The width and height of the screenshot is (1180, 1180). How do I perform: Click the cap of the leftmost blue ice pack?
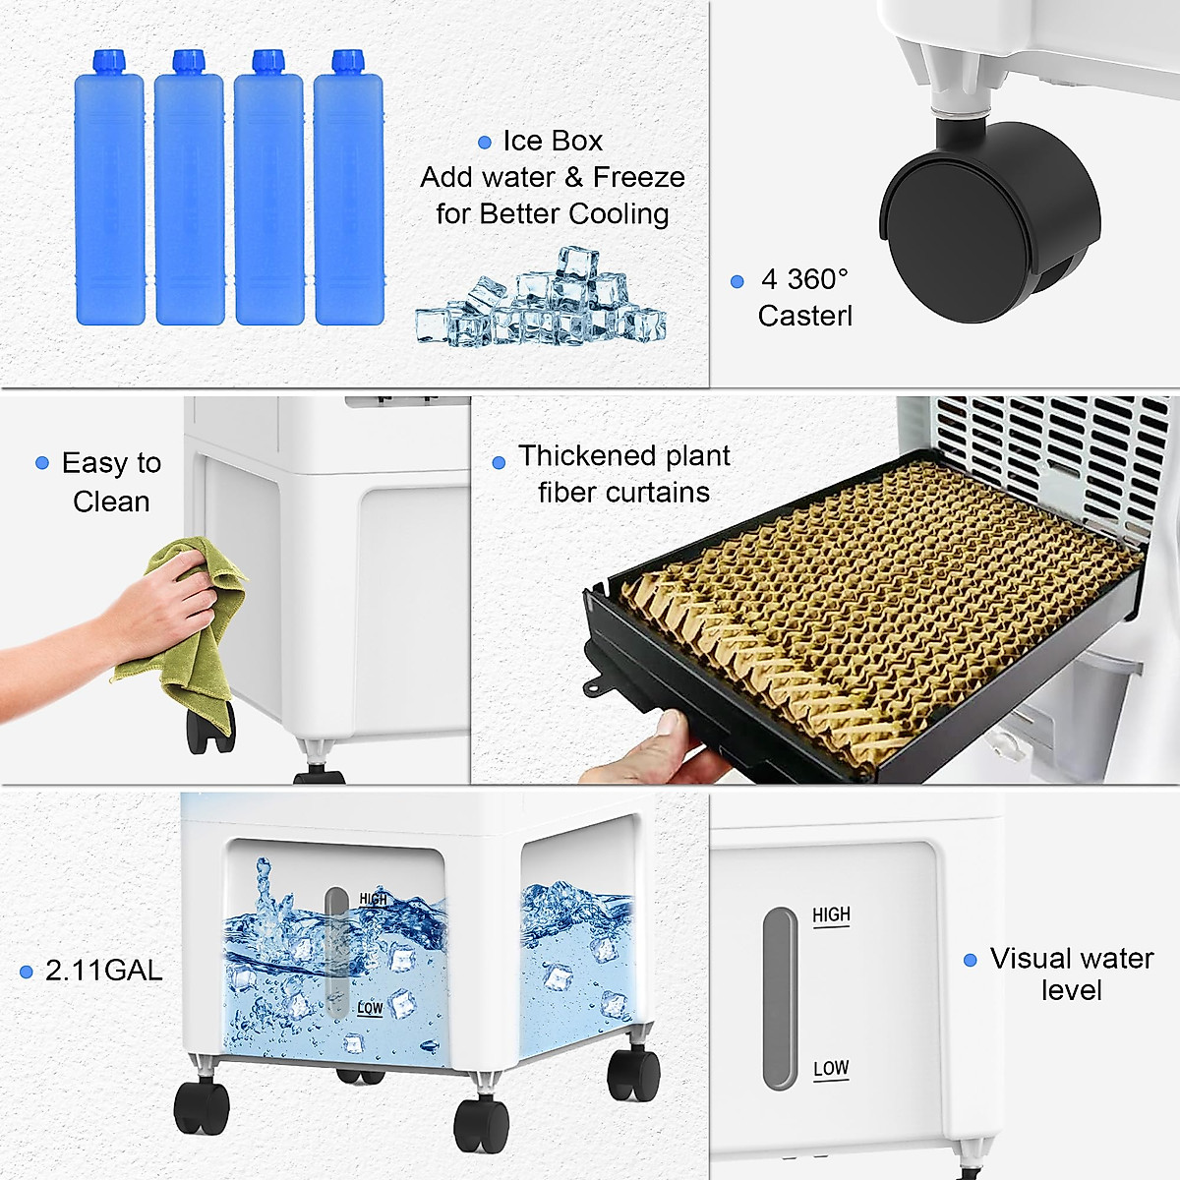(x=109, y=62)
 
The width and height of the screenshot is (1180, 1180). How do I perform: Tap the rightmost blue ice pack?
(x=348, y=197)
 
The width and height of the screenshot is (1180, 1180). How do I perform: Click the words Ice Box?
(x=552, y=142)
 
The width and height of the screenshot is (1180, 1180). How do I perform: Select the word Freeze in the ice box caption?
(x=638, y=178)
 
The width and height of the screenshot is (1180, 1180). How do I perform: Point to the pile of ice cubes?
(x=541, y=300)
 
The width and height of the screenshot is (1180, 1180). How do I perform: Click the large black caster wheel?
(x=988, y=221)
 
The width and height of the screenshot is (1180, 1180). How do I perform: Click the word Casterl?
(x=804, y=316)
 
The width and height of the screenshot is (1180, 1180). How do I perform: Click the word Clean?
(x=111, y=501)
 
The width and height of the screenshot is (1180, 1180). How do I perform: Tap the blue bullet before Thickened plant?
(x=499, y=462)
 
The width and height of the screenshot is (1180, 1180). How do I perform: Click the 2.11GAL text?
(x=103, y=971)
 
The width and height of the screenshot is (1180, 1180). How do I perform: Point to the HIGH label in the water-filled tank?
(x=374, y=899)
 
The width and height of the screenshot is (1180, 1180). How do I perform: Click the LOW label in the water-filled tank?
(x=370, y=1008)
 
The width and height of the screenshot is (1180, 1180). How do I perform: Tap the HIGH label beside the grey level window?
(x=831, y=914)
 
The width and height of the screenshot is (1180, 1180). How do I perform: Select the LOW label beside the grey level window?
(x=831, y=1068)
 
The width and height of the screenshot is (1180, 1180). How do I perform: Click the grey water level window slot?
(x=780, y=998)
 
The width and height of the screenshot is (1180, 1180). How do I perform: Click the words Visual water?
(x=1071, y=959)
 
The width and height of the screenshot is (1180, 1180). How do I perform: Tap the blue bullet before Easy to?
(x=42, y=463)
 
